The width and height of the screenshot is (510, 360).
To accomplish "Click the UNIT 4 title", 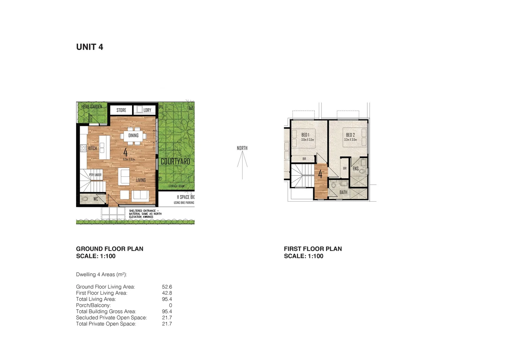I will click(x=90, y=47).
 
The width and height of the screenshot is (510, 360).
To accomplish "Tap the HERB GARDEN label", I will click(x=92, y=107).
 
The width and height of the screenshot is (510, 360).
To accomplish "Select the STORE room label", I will click(x=121, y=110).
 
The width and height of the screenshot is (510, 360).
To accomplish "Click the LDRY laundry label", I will click(x=147, y=110).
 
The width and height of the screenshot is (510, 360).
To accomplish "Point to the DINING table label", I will click(x=133, y=135).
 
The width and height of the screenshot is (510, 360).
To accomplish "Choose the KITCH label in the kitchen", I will click(x=93, y=148).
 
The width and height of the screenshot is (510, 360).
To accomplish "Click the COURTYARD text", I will click(x=175, y=161).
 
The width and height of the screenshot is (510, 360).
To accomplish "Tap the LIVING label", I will click(x=141, y=180).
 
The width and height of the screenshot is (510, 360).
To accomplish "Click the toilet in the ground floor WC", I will click(x=85, y=199).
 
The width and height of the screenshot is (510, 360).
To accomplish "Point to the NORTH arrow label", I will click(x=242, y=148).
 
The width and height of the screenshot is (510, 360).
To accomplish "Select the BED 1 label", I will click(x=305, y=135).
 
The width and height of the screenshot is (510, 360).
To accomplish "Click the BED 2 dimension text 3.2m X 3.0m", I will click(x=351, y=140).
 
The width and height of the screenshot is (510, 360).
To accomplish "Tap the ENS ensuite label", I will click(x=356, y=169).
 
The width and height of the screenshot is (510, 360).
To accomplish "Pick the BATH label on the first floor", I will click(x=343, y=192).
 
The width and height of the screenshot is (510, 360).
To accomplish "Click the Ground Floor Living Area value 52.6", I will click(x=167, y=287).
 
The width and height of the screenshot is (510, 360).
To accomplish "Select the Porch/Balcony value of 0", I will click(x=170, y=305).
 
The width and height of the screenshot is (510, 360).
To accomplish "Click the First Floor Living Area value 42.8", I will click(x=167, y=293).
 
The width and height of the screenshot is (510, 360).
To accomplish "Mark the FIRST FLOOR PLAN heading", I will click(x=313, y=249).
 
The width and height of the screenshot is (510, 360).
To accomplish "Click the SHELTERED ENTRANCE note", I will click(x=145, y=214).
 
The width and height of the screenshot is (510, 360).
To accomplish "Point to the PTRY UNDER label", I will click(x=95, y=175).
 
